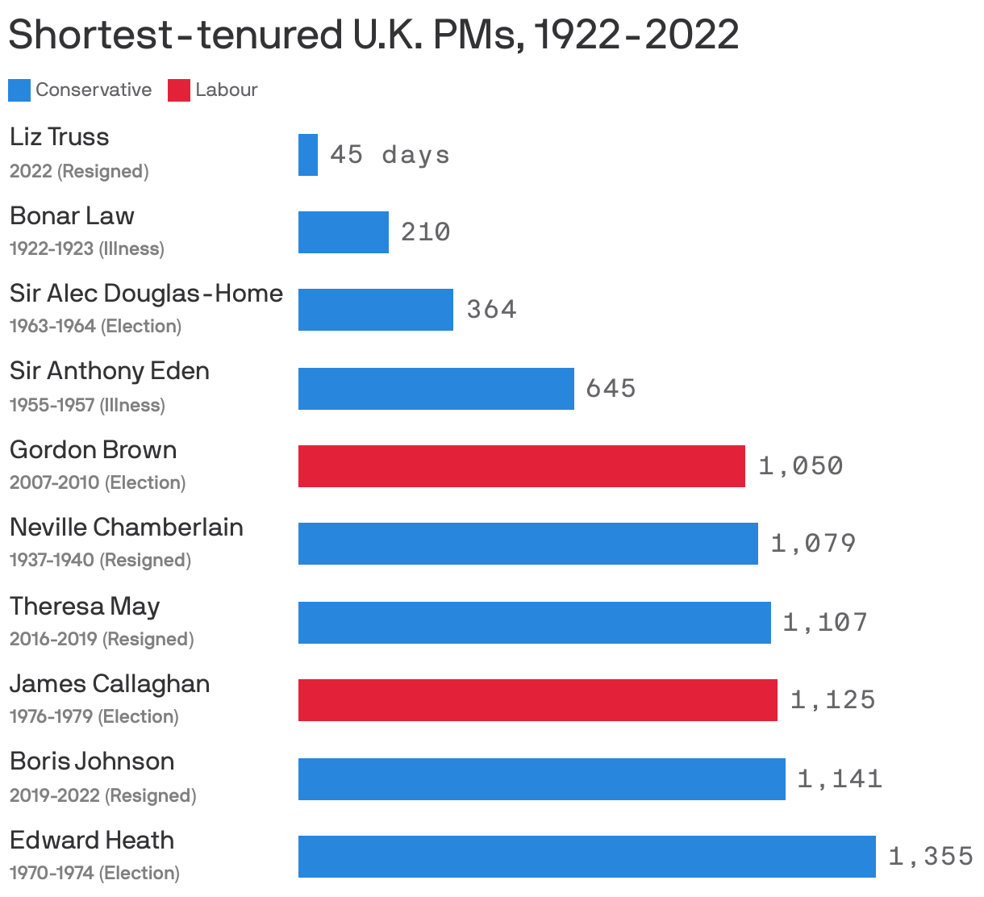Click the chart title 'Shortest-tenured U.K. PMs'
(373, 35)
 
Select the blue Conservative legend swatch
(19, 90)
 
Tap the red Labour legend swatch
(178, 90)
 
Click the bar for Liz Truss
(308, 155)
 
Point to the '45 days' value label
(390, 154)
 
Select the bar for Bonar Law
(344, 232)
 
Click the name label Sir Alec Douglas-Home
(146, 293)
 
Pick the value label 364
(491, 310)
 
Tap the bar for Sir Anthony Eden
(436, 389)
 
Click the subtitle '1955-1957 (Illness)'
(87, 405)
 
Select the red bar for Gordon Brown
(522, 466)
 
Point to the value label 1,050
(800, 466)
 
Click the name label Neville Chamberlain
(127, 528)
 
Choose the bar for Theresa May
(535, 623)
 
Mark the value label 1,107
(825, 623)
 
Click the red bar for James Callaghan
(538, 700)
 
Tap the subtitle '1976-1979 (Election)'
(94, 716)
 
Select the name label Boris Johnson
(92, 761)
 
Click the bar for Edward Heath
(587, 857)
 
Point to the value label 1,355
(931, 857)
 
